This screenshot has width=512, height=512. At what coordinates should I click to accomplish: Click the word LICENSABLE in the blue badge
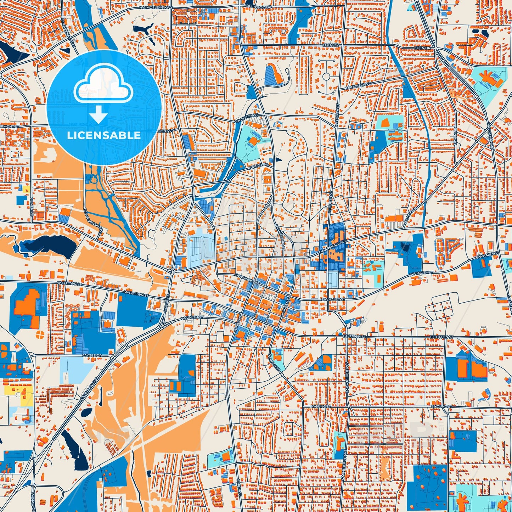pyautogui.click(x=104, y=135)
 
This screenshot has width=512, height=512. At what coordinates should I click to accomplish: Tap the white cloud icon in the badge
pyautogui.click(x=104, y=85)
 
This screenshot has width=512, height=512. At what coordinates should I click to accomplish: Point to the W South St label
pyautogui.click(x=192, y=317)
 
